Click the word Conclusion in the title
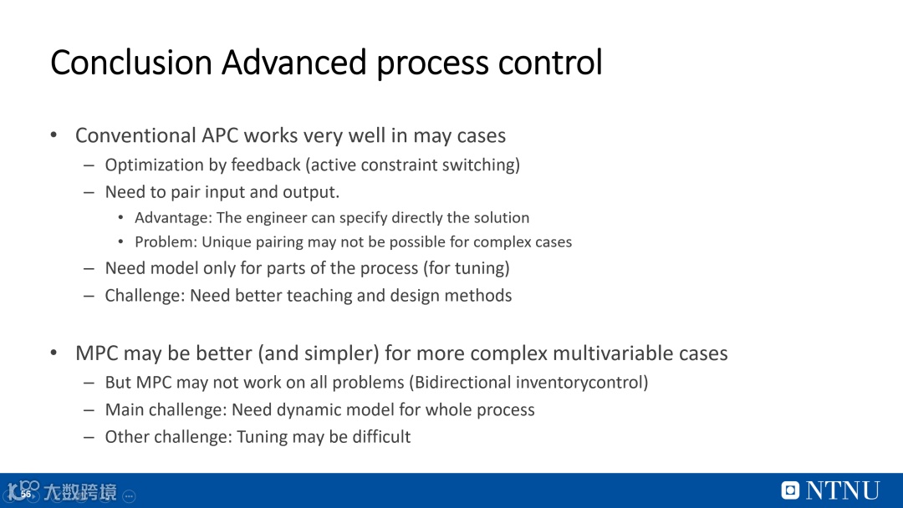click(131, 62)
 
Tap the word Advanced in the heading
click(293, 62)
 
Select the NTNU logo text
click(843, 490)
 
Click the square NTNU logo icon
click(790, 490)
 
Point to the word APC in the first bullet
click(219, 136)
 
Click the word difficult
click(381, 437)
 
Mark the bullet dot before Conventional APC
click(54, 135)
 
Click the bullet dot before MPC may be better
click(54, 353)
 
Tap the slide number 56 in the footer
click(26, 494)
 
